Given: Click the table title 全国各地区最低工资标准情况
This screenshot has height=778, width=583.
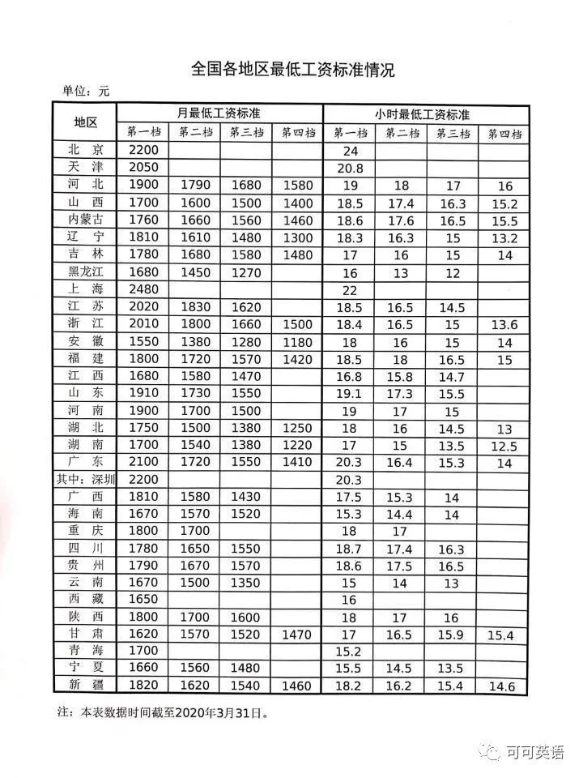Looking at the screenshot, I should point(293,70).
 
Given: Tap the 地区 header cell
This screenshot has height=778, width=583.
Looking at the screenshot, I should point(85,122).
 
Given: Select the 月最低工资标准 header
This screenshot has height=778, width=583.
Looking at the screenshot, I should point(219,113).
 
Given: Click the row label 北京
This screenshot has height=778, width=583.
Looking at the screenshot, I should point(86,150).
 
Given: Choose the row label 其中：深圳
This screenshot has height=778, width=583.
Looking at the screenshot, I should point(85,479).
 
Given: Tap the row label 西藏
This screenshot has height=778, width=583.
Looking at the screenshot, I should point(86,600).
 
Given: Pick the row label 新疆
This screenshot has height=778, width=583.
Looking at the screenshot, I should point(86,686).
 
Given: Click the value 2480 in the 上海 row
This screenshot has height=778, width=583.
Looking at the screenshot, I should point(143,289).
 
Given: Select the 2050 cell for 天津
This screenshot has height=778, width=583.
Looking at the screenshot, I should point(143,167).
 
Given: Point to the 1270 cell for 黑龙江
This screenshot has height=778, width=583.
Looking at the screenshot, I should point(247,272).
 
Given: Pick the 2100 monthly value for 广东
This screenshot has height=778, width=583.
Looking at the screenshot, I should point(143,462).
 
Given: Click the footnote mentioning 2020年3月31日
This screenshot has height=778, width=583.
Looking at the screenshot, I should point(162,714).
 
